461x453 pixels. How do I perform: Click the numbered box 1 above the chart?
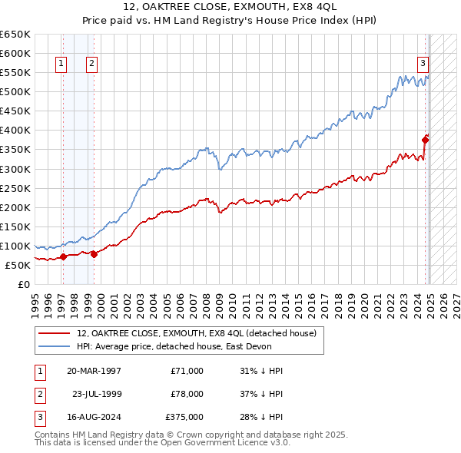click(x=61, y=64)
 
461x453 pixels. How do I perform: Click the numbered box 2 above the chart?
click(x=91, y=64)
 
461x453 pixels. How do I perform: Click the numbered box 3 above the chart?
click(x=423, y=64)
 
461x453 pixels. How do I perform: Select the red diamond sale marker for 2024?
click(x=426, y=139)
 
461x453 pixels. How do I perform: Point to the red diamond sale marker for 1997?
click(x=64, y=256)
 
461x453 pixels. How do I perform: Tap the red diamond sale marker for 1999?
click(x=94, y=254)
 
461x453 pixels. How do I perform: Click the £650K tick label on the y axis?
click(x=15, y=35)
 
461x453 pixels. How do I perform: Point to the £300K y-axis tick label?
click(x=15, y=169)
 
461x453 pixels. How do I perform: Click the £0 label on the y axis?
click(x=25, y=284)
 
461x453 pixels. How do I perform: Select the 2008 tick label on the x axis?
click(x=207, y=298)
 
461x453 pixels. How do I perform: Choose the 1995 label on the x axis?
click(x=35, y=298)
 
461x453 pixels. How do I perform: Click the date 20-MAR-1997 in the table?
click(x=94, y=371)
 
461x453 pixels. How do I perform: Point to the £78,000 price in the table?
click(x=187, y=394)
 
